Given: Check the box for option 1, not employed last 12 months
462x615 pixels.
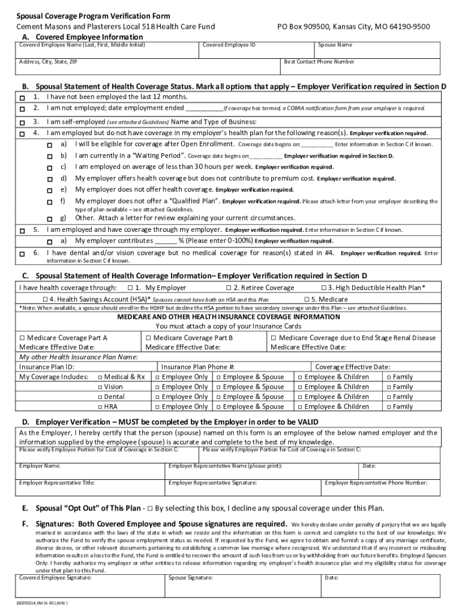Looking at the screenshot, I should point(22,98).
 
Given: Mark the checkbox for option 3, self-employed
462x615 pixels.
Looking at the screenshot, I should point(22,122).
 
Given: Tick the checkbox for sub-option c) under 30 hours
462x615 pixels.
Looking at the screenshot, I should point(50,168).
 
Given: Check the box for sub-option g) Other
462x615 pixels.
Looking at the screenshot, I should point(50,219).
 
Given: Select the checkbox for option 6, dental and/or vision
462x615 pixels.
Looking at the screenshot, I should point(22,255).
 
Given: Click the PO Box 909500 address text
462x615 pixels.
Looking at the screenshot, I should point(358,27).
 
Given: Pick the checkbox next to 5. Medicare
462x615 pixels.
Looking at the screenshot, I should point(307,300).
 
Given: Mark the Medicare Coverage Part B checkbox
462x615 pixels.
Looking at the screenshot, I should point(148,338).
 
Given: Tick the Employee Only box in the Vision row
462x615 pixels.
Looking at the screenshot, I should point(157,387).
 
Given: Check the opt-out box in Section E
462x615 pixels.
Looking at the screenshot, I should point(149,508).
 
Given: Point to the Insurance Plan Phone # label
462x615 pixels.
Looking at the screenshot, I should point(197,367).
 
